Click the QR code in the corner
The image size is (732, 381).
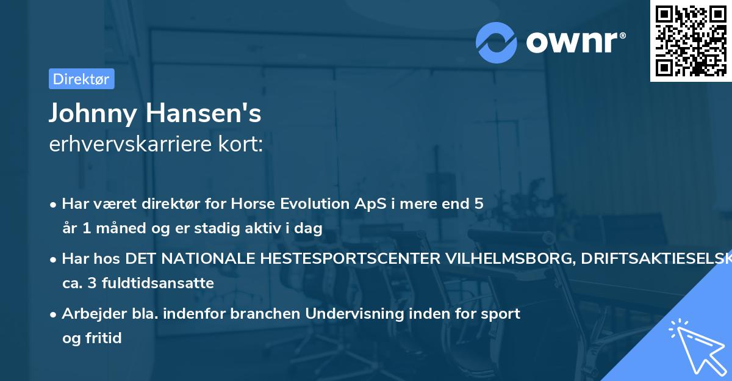point(691,41)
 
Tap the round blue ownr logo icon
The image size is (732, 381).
point(497,42)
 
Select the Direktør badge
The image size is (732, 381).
point(81,79)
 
